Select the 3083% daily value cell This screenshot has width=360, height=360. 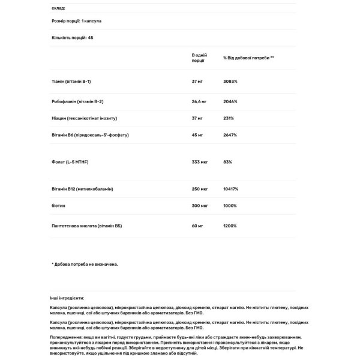point(231,81)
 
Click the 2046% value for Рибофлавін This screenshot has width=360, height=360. point(231,103)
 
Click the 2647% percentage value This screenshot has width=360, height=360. point(231,135)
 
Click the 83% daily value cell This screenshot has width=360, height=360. point(228,162)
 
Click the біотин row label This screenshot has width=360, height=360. point(58,205)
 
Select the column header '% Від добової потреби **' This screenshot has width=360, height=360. point(248,58)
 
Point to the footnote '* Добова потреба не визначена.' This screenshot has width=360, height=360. point(85,264)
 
